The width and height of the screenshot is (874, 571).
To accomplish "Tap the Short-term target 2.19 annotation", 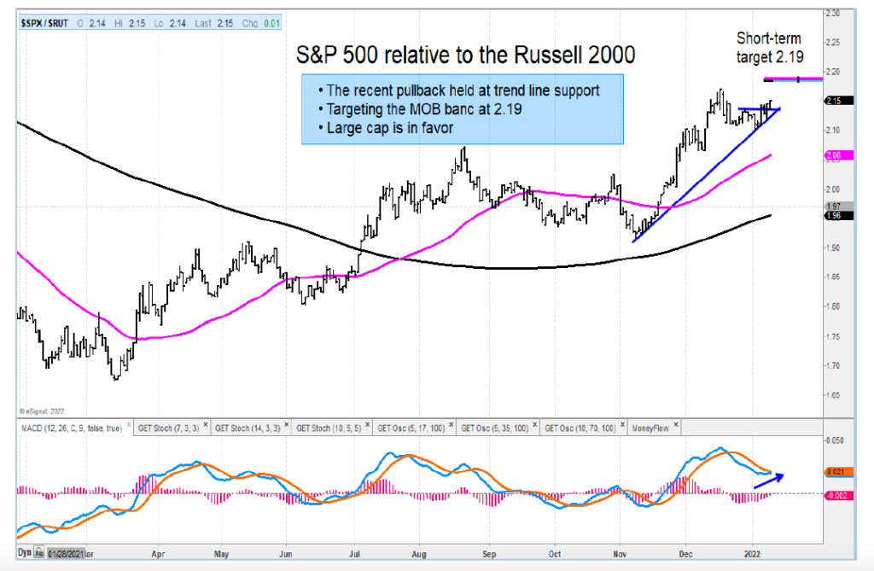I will (772, 49).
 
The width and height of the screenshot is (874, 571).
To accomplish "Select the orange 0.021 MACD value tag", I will (836, 471).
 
